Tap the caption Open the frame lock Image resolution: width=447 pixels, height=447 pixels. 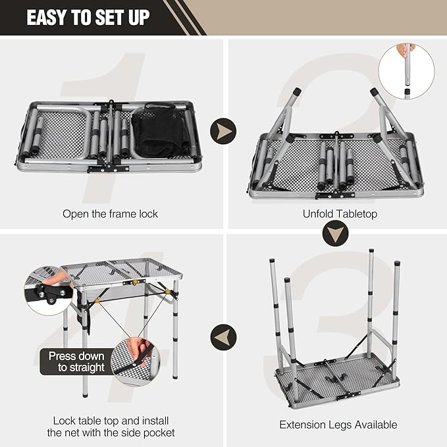tap(111, 213)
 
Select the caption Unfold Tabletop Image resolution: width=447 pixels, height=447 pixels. tap(340, 213)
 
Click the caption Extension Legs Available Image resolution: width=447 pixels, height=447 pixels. tap(338, 425)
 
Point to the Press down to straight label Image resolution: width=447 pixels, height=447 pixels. tap(76, 361)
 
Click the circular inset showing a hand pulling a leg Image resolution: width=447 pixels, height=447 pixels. tap(406, 71)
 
